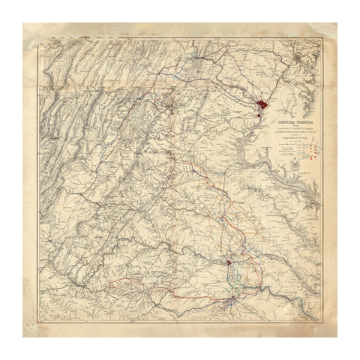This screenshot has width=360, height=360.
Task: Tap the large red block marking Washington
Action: click(261, 106)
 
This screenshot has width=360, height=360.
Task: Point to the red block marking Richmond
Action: click(228, 262)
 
